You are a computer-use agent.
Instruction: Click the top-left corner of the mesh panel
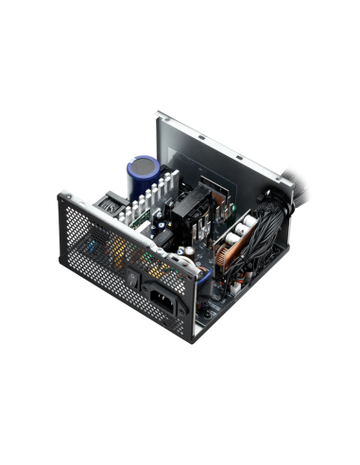[62, 195]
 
